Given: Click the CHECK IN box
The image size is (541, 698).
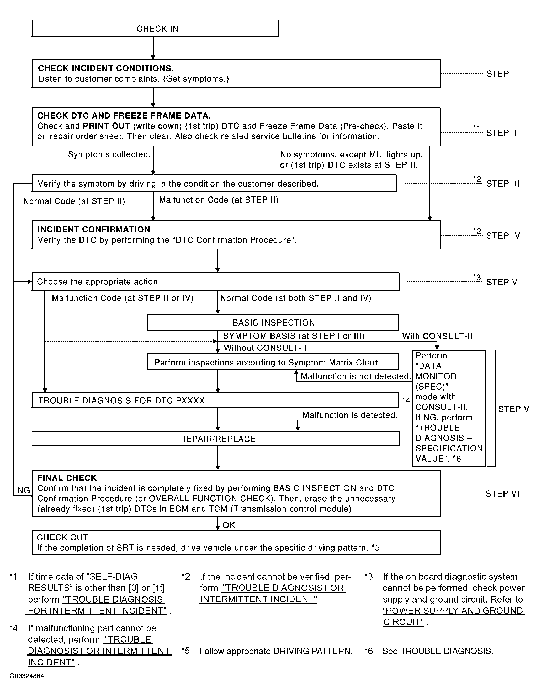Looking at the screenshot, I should pyautogui.click(x=155, y=28).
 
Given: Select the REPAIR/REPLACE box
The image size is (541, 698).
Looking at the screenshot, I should pyautogui.click(x=215, y=439).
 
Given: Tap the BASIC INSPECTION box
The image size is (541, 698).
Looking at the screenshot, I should pyautogui.click(x=273, y=322).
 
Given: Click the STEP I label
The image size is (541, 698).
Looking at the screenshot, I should pyautogui.click(x=500, y=74).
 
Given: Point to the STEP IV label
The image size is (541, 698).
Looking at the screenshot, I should pyautogui.click(x=503, y=236).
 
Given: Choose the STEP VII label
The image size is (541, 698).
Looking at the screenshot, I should pyautogui.click(x=503, y=494).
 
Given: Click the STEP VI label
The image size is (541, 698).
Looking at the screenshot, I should pyautogui.click(x=515, y=409).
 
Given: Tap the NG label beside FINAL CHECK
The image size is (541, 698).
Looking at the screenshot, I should pyautogui.click(x=24, y=490).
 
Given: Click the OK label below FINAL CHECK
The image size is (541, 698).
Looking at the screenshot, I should pyautogui.click(x=229, y=525).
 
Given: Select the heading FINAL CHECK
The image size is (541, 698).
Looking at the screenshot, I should pyautogui.click(x=67, y=478).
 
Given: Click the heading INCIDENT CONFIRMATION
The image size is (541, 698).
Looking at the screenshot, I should pyautogui.click(x=94, y=230).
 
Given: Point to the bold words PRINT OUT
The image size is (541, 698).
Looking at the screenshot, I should pyautogui.click(x=107, y=126).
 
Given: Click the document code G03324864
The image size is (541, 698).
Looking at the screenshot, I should pyautogui.click(x=27, y=676).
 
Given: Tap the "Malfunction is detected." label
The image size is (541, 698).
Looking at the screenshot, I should pyautogui.click(x=350, y=415).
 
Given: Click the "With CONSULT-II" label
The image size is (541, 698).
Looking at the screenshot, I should pyautogui.click(x=437, y=336).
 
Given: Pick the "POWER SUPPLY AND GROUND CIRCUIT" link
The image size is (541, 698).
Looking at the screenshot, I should pyautogui.click(x=453, y=616).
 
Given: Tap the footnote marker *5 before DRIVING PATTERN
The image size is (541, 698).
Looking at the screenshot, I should pyautogui.click(x=186, y=651).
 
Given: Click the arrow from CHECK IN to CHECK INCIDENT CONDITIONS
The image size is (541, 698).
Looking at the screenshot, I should pyautogui.click(x=153, y=48).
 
